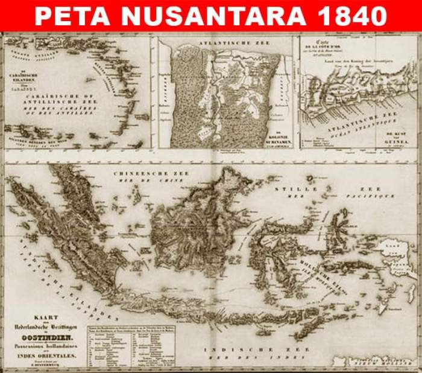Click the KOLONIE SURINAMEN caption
point(266,140)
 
